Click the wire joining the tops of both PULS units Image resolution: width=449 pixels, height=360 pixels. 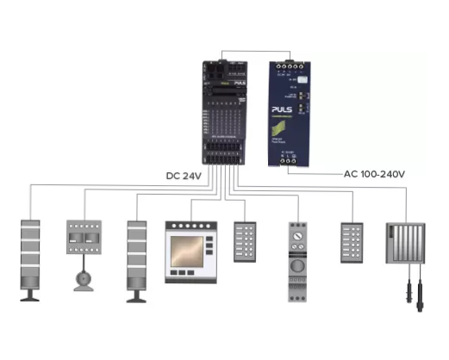click(x=259, y=50)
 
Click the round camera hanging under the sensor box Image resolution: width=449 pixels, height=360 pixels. click(x=84, y=279)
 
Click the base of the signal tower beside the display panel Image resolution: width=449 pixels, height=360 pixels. click(x=138, y=295)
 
